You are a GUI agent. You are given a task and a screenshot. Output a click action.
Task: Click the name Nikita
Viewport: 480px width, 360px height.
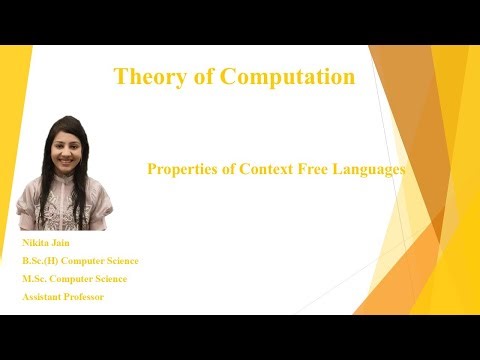coord(36,243)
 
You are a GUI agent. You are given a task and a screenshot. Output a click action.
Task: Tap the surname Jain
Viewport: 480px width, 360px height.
coord(66,243)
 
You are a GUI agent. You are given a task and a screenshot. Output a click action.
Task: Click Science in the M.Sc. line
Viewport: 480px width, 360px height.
coord(110,279)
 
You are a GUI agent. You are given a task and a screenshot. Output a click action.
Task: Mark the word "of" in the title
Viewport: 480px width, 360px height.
coord(205,76)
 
